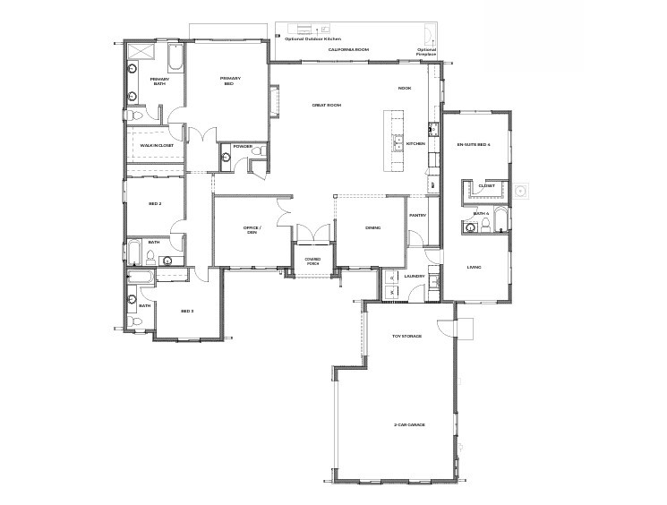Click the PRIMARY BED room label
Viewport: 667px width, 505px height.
[227, 81]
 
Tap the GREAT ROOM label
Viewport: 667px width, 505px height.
[327, 106]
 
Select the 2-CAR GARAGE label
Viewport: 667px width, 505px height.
[408, 424]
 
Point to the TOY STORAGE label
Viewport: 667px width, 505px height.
[406, 338]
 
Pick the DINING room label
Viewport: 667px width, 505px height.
[372, 227]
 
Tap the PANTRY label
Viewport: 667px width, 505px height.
[417, 216]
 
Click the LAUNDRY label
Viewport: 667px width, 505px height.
[414, 277]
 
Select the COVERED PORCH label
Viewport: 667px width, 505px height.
[312, 261]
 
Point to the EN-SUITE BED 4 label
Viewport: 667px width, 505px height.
[474, 144]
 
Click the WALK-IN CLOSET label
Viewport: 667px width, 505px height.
[156, 145]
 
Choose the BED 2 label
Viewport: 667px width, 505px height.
[155, 204]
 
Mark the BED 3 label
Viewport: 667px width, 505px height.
[187, 311]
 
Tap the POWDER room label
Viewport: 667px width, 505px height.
[242, 146]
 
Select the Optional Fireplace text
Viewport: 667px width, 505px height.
[427, 52]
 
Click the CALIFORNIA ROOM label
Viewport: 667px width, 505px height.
[348, 50]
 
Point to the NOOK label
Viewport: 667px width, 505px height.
[405, 88]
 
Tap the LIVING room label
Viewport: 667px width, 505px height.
[475, 267]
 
